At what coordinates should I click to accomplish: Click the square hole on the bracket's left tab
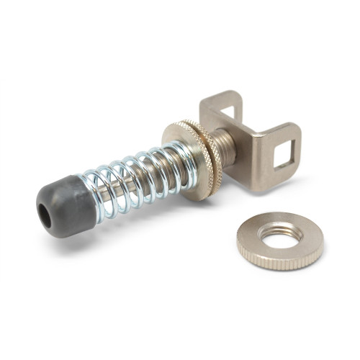(229, 113)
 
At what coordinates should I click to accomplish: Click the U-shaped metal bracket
(248, 140)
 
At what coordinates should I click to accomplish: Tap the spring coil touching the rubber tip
(97, 198)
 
